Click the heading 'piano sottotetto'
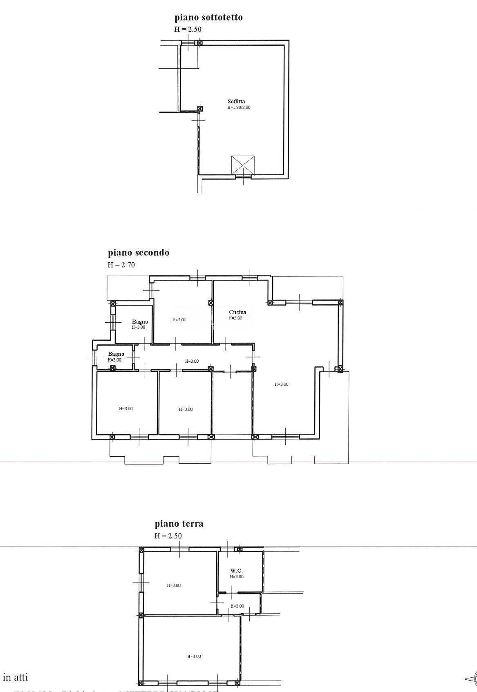click(208, 18)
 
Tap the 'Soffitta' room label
click(236, 102)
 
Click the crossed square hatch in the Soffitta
click(243, 166)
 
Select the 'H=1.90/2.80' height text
click(239, 108)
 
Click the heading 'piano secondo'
click(139, 253)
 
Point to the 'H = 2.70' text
click(121, 265)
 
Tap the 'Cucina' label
click(237, 312)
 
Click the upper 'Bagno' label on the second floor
click(140, 322)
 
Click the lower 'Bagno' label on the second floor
click(116, 354)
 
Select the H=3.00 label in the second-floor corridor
click(192, 361)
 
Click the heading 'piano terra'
click(179, 524)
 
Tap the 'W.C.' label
click(237, 571)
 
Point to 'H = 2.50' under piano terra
click(168, 536)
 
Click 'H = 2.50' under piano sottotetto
click(188, 29)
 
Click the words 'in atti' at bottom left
click(16, 677)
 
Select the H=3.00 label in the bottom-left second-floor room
click(125, 409)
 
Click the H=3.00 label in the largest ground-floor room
click(194, 656)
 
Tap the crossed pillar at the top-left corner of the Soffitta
click(199, 43)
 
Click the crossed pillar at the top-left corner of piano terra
click(141, 550)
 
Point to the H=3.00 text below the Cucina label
click(235, 318)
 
